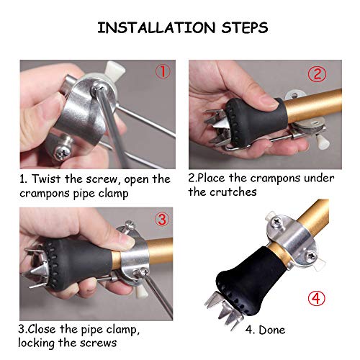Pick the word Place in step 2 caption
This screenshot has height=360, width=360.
coord(216,178)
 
